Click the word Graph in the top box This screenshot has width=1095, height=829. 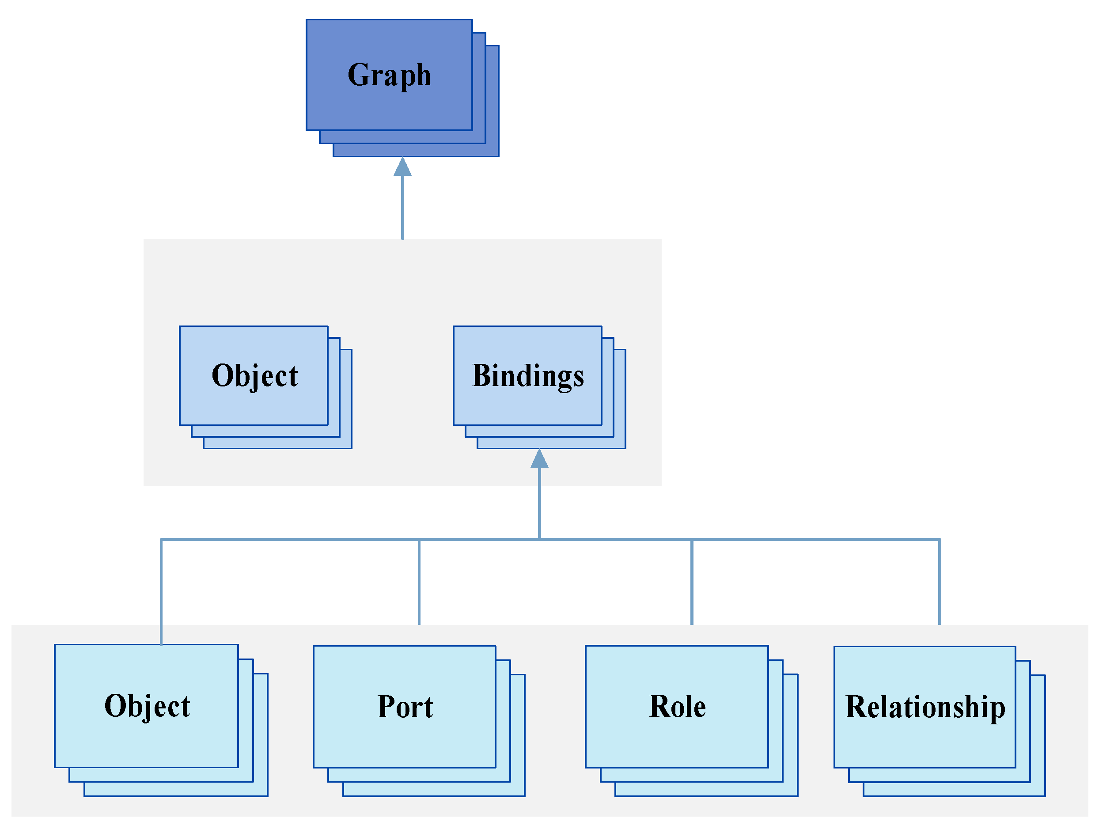[389, 75]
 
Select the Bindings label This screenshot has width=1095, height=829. [528, 376]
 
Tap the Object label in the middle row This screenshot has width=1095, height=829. [254, 376]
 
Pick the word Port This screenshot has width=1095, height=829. [405, 707]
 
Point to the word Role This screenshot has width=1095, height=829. [677, 706]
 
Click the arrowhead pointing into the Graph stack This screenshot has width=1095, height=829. [402, 167]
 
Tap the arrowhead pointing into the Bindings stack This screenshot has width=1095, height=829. [539, 459]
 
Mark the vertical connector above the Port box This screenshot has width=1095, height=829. [419, 582]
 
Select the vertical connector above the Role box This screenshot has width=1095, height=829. [692, 582]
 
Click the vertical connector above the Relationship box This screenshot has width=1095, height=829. [940, 582]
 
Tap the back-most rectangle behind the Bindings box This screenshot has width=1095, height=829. [620, 443]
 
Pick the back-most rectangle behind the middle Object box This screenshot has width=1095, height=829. [346, 443]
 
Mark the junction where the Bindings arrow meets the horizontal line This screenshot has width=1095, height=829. [539, 539]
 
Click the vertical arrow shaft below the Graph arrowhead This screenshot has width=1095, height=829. [402, 208]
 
